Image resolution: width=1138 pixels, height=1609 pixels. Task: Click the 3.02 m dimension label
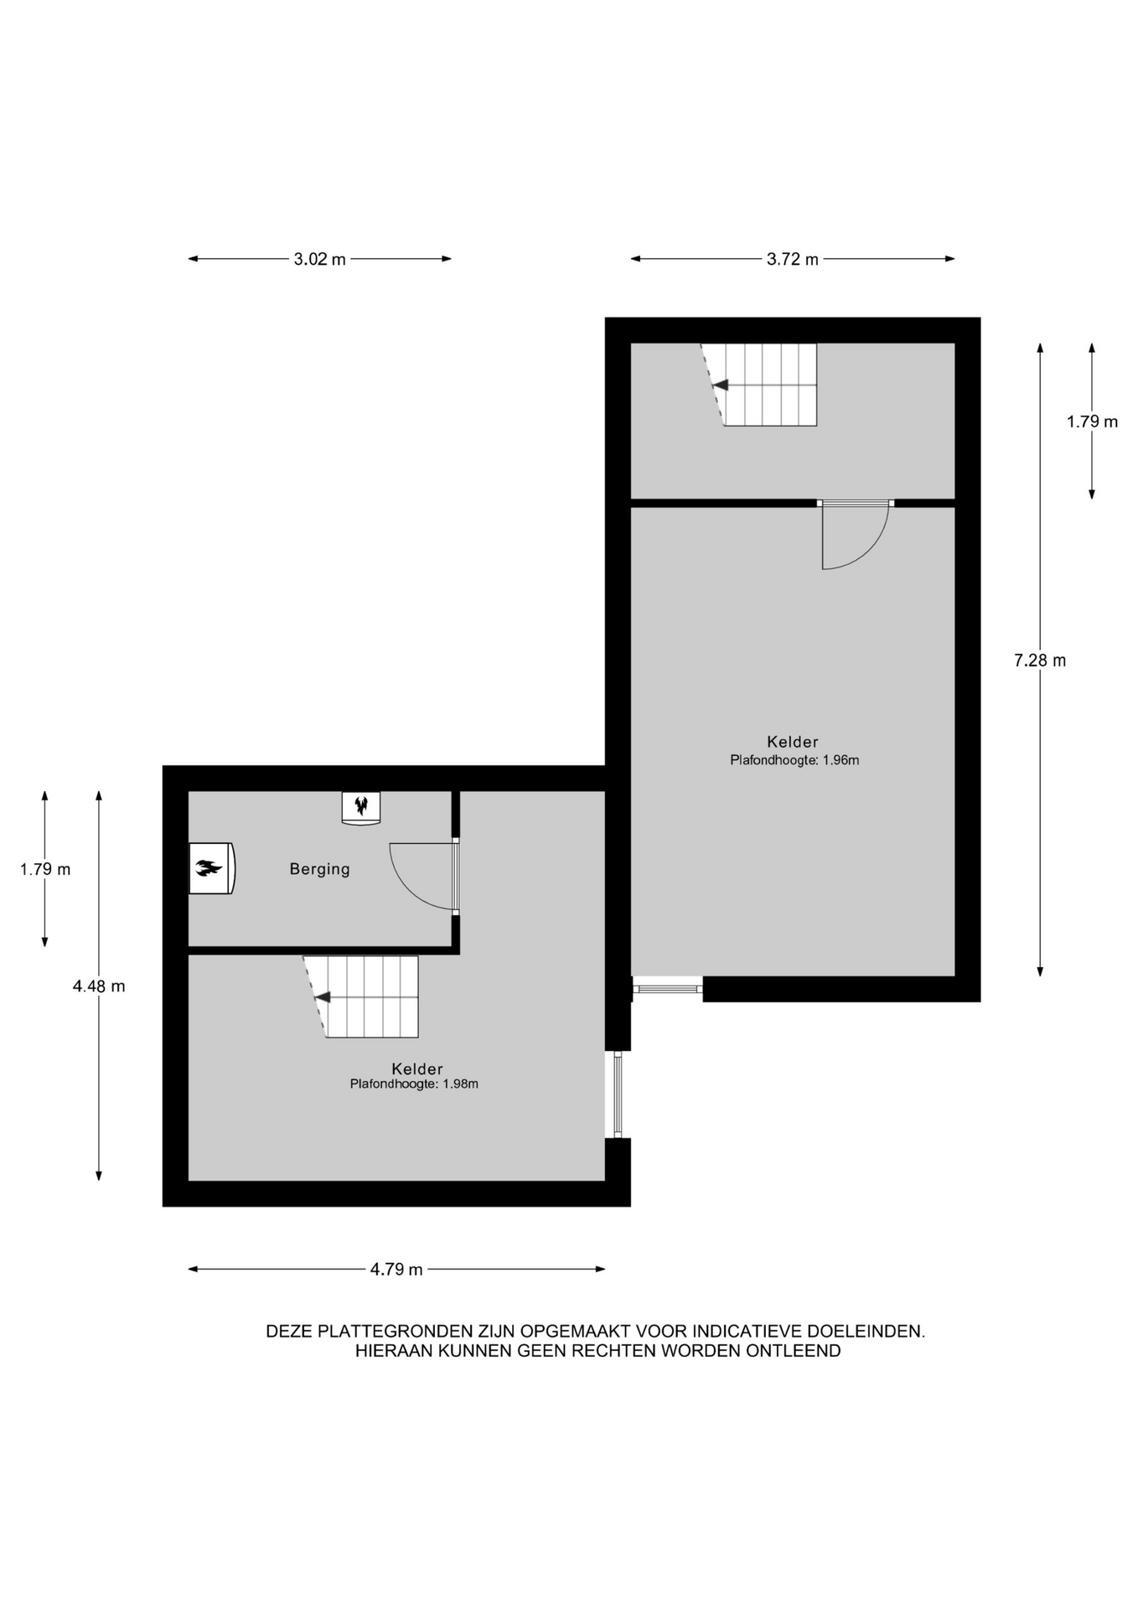pos(319,259)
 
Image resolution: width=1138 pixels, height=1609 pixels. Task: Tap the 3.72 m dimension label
pos(793,259)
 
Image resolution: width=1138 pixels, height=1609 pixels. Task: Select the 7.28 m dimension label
pos(1040,660)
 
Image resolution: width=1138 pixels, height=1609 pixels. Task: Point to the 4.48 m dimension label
pos(99,986)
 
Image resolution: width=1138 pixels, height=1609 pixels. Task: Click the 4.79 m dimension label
pos(396,1270)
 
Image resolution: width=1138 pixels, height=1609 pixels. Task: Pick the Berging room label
pos(320,869)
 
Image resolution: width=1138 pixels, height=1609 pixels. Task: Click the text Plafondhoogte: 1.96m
pos(794,761)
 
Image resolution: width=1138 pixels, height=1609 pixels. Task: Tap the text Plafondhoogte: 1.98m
pos(414,1084)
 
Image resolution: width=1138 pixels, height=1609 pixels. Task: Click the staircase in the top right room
pos(759,385)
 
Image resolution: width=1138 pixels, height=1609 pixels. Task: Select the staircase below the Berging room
pos(361,996)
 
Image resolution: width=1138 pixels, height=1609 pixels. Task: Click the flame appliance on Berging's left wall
pos(212,868)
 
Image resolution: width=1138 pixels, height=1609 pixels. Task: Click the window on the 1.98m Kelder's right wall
pos(618,1094)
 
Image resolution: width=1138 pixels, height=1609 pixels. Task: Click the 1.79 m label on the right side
pos(1092,422)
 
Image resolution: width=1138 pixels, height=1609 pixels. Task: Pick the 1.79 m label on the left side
pos(45,869)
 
